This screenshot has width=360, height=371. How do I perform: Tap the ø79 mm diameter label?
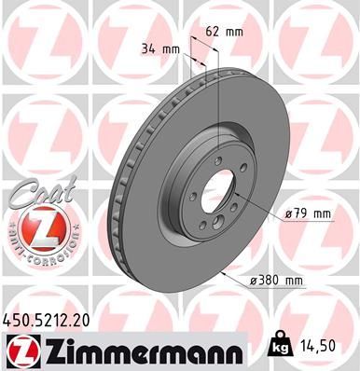point(310,213)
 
